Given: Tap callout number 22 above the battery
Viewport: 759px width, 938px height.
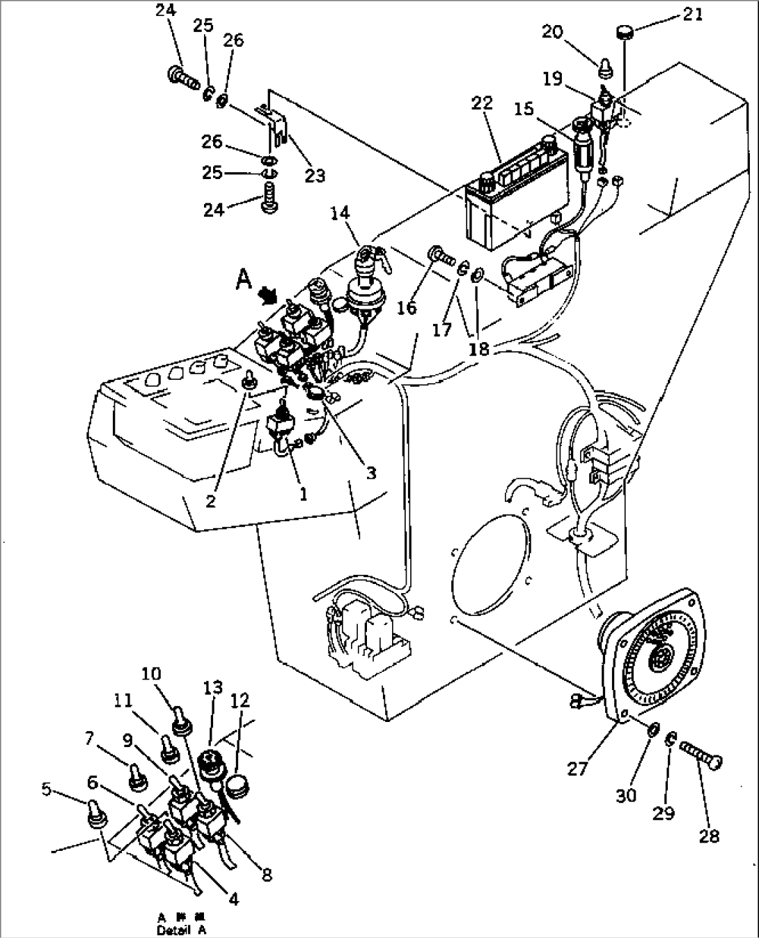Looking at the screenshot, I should pos(482,103).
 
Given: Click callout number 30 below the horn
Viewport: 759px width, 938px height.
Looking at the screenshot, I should pos(626,794).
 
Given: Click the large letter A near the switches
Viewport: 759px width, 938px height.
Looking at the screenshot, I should pos(244,280).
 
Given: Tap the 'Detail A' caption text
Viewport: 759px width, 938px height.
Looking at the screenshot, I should pos(182,930).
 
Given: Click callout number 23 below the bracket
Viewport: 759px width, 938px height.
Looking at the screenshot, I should pos(315,175).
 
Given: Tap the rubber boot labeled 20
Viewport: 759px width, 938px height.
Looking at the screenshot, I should pos(605,69).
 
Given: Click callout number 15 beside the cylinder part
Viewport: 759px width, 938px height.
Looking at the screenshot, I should pos(524,110).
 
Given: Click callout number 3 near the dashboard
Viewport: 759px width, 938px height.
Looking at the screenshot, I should pos(371,472).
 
